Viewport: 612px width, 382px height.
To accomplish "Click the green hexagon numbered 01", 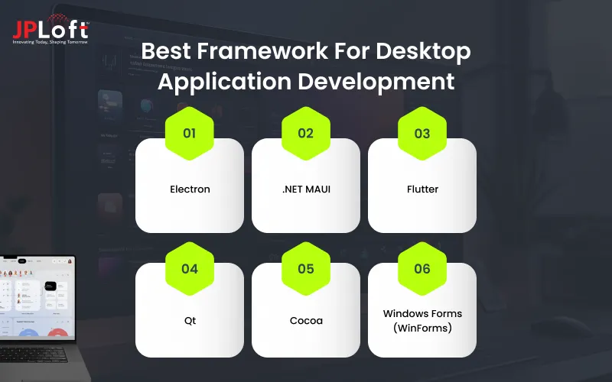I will coord(189,133).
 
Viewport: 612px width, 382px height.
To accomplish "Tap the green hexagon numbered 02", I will coord(305,133).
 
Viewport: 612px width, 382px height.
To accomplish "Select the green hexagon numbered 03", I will coord(422,133).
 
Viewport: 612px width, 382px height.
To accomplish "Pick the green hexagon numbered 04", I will coord(189,269).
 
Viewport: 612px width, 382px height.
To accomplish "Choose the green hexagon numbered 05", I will coord(305,269).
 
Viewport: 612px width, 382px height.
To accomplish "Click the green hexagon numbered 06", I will coord(422,269).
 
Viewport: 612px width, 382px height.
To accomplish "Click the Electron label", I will coord(189,189).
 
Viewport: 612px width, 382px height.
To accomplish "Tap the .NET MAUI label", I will coord(305,189).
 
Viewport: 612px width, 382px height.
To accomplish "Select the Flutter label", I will coord(422,189).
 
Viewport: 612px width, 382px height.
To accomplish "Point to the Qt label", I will coord(189,321).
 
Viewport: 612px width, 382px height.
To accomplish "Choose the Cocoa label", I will coord(305,321).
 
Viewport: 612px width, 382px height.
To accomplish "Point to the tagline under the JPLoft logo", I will coord(50,41).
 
